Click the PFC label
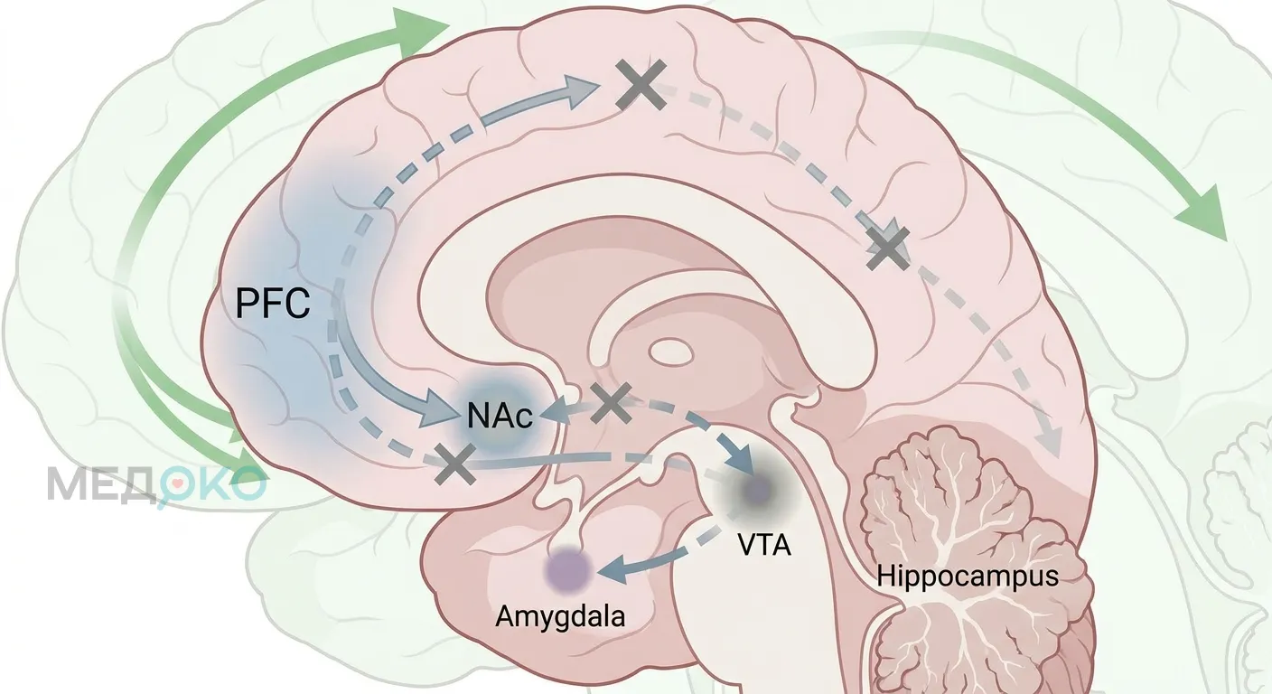(273, 304)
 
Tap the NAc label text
(500, 417)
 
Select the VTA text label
(764, 545)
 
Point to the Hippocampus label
(968, 576)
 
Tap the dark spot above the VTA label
(759, 488)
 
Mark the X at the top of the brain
(641, 85)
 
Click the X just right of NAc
(611, 402)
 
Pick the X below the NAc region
(455, 464)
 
